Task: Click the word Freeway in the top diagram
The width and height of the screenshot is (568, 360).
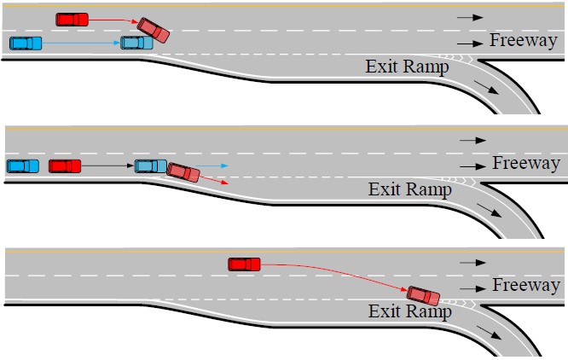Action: coord(523,40)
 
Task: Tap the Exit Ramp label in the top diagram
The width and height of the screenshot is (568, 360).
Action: coord(407,67)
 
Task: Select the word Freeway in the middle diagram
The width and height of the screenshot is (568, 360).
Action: coord(526,163)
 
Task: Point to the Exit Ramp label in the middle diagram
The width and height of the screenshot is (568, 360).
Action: coord(409,189)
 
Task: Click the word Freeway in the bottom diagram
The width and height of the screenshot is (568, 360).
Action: coord(526,286)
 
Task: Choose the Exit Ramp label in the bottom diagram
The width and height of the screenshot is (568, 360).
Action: coord(409,311)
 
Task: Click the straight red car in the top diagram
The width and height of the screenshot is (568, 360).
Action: coord(72,19)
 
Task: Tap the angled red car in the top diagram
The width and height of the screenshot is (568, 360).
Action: coord(154,30)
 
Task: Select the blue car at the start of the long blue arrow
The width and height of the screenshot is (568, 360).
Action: coord(24,43)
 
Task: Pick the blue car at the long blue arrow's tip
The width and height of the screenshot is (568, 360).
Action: coord(136,43)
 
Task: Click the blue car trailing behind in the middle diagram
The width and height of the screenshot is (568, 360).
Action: coord(22,165)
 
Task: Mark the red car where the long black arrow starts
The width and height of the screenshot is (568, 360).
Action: coord(65,165)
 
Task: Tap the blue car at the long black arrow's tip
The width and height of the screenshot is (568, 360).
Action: coord(151,165)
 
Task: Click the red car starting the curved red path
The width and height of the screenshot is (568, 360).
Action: coord(244,264)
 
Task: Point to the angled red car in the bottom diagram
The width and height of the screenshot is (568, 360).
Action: coord(423,296)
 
